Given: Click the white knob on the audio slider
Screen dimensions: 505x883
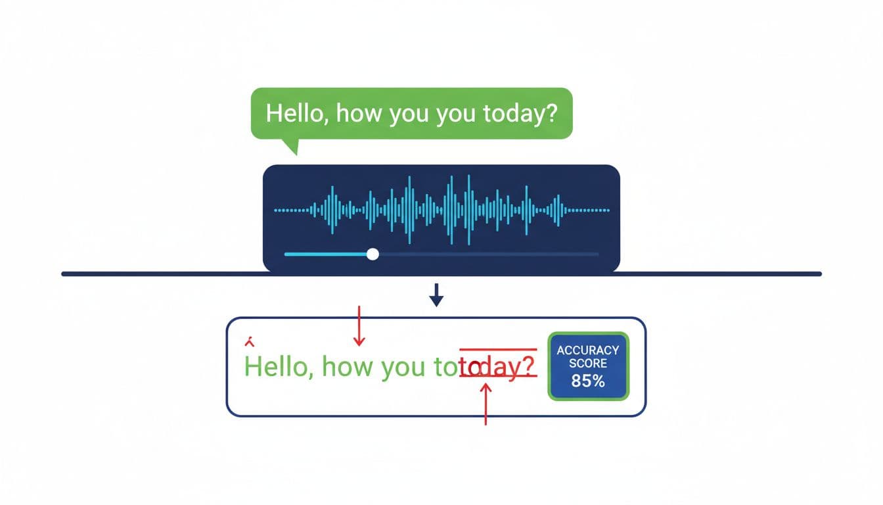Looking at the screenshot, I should click(x=373, y=254).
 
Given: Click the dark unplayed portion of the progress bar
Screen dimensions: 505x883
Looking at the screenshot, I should click(x=486, y=254).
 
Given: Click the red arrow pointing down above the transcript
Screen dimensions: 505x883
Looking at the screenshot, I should click(x=359, y=326).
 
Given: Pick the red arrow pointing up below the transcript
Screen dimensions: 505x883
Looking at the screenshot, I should click(x=486, y=404).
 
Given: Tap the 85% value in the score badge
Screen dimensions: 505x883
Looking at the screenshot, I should click(x=588, y=380).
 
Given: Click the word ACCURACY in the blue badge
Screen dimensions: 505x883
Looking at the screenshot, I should click(x=588, y=350).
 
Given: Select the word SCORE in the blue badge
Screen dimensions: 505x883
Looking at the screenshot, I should click(x=588, y=364).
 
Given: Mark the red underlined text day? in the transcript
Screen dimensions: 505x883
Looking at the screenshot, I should click(x=507, y=366).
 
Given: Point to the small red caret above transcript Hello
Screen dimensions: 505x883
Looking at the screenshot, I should click(x=249, y=343).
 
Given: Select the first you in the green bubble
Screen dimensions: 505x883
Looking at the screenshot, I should click(x=411, y=113).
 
